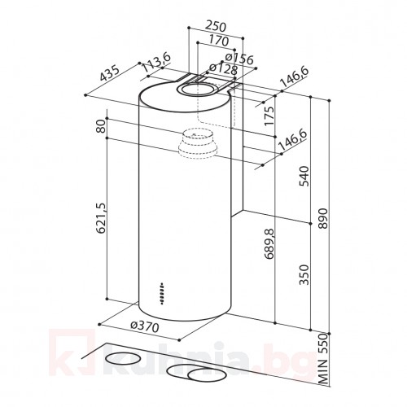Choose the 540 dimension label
pyautogui.click(x=304, y=175)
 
